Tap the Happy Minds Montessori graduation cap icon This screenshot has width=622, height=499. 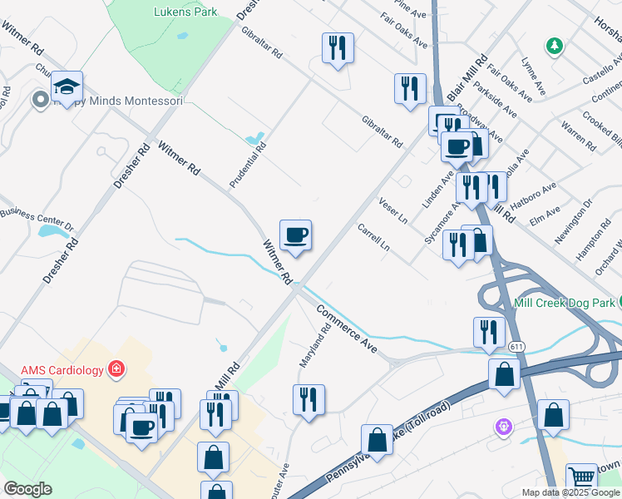[x=67, y=86]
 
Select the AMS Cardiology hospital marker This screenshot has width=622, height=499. [x=116, y=368]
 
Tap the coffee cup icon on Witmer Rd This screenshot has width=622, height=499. [x=295, y=235]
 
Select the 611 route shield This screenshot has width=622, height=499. [x=517, y=346]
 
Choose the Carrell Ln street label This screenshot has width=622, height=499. [x=373, y=237]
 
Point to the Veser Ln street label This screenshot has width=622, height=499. [x=392, y=212]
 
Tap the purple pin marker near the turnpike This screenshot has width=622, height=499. [x=502, y=427]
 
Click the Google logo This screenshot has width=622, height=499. [x=27, y=489]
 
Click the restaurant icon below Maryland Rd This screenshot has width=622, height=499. [x=309, y=399]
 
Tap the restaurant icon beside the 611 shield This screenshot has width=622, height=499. [x=489, y=331]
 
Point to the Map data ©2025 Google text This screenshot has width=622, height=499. [x=570, y=492]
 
